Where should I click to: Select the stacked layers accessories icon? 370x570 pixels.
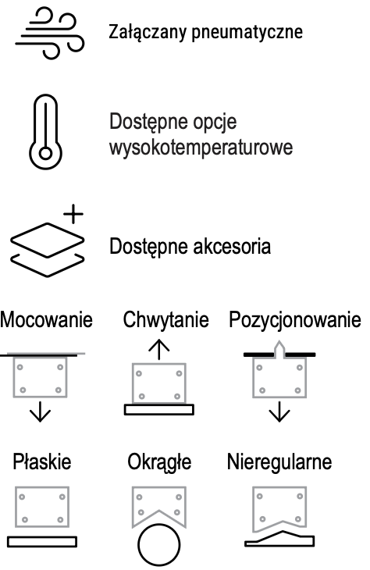[x=48, y=250]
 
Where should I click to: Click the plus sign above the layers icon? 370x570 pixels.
[x=73, y=214]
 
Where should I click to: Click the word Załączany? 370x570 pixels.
[x=148, y=33]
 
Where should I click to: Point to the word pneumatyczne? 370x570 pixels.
[x=247, y=33]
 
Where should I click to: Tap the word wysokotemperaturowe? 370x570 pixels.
[x=201, y=148]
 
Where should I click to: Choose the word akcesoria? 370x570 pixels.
[x=232, y=246]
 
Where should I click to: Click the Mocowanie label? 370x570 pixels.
[x=47, y=319]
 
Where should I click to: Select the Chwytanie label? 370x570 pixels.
[x=165, y=319]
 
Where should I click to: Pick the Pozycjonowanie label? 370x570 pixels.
[x=295, y=319]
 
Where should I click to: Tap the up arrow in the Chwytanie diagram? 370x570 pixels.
[x=158, y=349]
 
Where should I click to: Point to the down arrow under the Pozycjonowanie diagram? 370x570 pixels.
[x=279, y=411]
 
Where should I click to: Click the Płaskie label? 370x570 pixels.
[x=42, y=461]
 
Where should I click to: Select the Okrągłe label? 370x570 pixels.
[x=159, y=462]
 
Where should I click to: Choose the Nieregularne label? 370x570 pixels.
[x=279, y=462]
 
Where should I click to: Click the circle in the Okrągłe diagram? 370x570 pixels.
[x=158, y=524]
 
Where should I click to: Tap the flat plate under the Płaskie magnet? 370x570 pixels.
[x=42, y=542]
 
